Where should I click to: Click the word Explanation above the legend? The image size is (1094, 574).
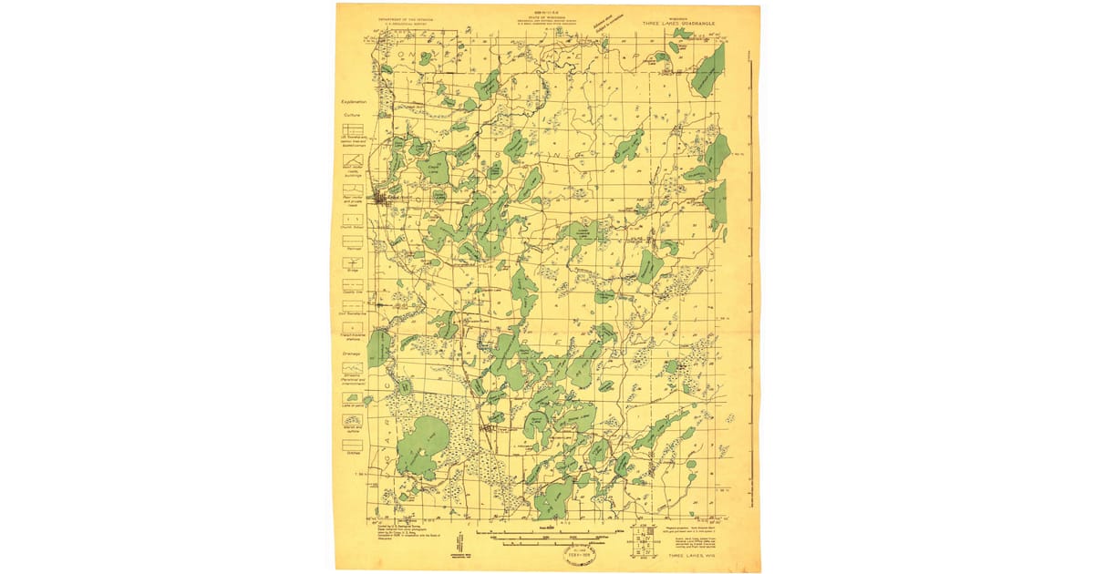click(353, 102)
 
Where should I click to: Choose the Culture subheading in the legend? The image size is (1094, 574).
click(353, 116)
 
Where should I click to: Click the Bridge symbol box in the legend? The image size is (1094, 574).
click(353, 261)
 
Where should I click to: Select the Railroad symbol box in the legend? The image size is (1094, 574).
click(353, 240)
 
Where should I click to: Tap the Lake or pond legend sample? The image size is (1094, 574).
click(353, 398)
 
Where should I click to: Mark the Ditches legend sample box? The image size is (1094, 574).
click(353, 444)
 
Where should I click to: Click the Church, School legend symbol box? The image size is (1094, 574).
click(353, 219)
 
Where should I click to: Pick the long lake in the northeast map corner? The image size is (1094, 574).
click(708, 72)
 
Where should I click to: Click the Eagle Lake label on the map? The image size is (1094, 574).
click(434, 168)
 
